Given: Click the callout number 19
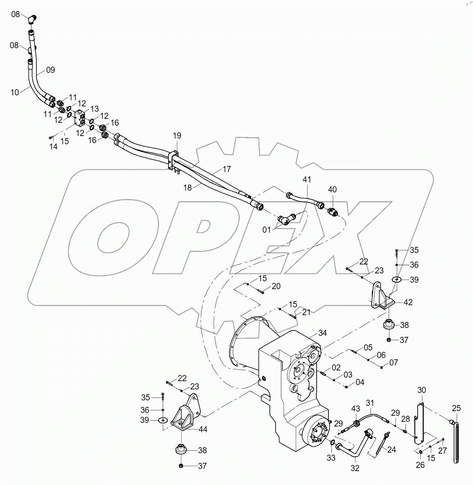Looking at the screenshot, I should click(177, 136).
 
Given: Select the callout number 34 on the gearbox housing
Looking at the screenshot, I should click(322, 333).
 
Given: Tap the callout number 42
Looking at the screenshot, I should click(408, 302).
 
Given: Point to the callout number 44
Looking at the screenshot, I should click(202, 429).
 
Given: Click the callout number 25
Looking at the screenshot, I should click(456, 408).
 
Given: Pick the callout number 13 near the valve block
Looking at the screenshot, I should click(94, 108).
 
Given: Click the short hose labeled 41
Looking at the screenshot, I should click(303, 198).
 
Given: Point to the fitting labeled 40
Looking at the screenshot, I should click(332, 212).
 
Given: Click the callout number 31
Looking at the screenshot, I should click(370, 403).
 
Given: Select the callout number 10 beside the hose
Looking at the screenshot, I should click(15, 92).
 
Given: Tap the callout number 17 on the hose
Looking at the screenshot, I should click(227, 169).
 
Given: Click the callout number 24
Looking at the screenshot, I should click(392, 450).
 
